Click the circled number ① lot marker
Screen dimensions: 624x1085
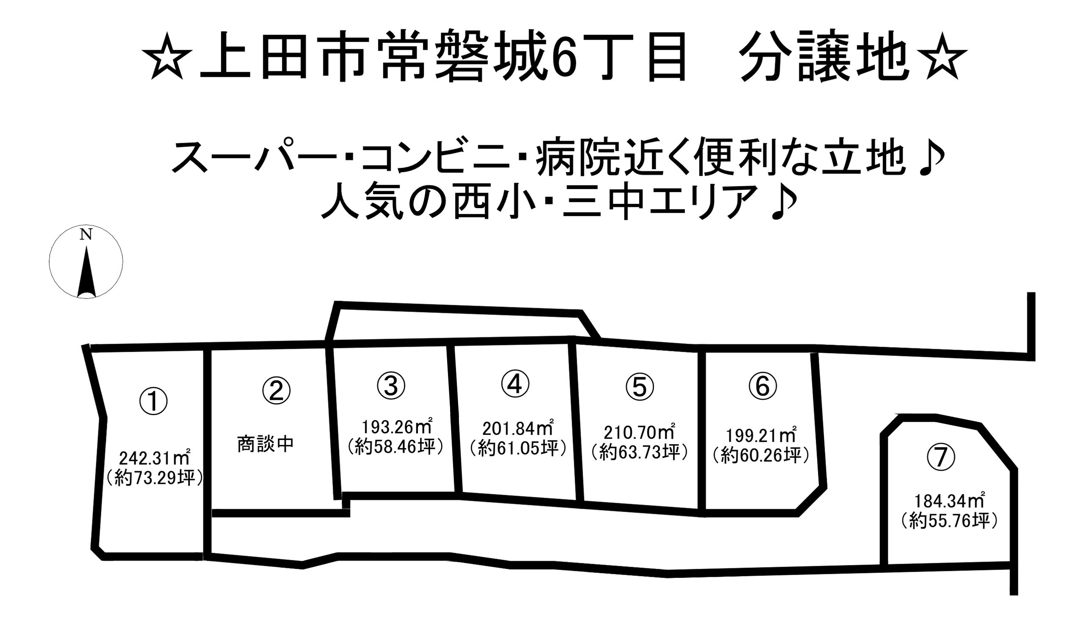point(153,401)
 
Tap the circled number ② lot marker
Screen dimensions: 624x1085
point(276,390)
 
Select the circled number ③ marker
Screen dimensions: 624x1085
point(391,385)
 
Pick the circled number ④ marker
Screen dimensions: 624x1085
point(515,384)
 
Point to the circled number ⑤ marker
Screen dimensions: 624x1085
point(640,387)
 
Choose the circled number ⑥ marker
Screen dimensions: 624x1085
point(763,386)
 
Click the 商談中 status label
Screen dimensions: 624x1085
point(266,444)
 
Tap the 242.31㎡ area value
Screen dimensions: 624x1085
point(155,459)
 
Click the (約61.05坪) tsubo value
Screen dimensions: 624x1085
point(518,448)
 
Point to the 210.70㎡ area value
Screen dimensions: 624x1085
point(640,433)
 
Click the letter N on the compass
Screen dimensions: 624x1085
point(86,235)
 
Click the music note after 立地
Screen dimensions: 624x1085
point(932,158)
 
